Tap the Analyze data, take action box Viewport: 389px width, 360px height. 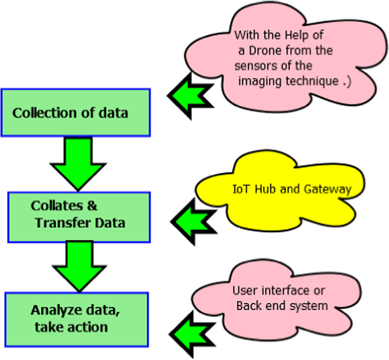77,319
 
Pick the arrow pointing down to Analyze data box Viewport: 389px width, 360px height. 79,265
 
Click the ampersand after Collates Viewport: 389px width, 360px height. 92,206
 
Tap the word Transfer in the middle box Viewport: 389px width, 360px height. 58,223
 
